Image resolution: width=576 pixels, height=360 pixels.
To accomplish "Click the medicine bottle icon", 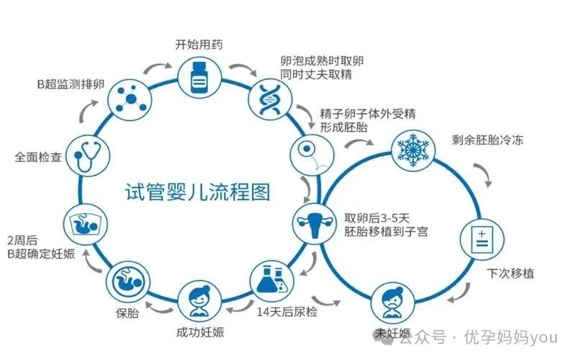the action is coord(199,78).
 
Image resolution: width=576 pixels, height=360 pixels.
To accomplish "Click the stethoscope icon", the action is coord(88,156).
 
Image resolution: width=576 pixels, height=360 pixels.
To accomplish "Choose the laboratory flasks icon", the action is coord(271,280).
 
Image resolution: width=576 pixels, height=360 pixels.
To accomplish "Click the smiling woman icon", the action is coord(199,302).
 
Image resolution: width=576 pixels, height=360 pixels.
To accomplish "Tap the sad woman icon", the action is coord(392,302).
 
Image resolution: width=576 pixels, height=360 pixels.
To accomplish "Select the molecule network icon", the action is coord(130,99).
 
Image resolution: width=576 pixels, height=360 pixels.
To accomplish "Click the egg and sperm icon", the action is coord(312,153).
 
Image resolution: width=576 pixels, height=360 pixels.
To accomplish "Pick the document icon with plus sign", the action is coord(482,239).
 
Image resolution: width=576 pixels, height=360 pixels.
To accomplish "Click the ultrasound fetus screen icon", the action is coord(85,225).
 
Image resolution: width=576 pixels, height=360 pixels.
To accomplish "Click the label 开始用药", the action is coord(199,45).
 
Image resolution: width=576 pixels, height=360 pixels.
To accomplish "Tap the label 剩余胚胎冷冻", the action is coord(487,140).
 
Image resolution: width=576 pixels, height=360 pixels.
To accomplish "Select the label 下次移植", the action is coord(510,274).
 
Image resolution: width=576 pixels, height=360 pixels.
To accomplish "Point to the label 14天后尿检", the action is coord(287,312).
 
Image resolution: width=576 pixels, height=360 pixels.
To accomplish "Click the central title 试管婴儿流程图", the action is coord(198,192).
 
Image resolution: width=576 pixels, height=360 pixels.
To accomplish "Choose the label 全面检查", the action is coord(38,157).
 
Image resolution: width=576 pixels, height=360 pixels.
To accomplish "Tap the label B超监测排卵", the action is coord(71,84).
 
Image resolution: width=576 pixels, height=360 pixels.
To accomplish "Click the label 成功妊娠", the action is coord(200,333).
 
